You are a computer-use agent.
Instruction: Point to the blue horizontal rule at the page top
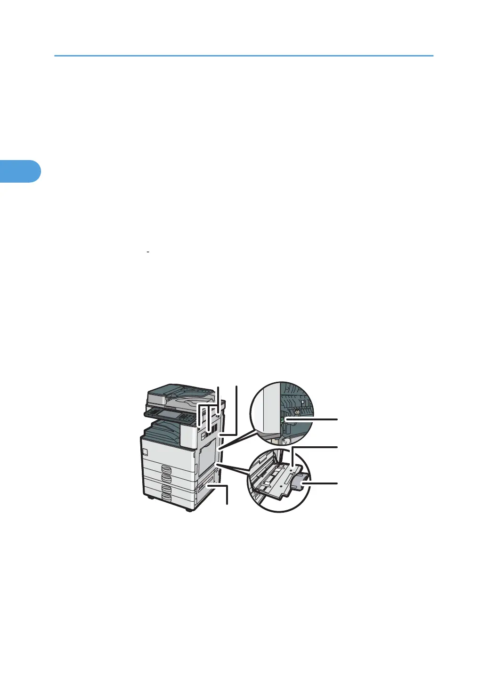244,56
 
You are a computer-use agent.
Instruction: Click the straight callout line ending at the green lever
313,418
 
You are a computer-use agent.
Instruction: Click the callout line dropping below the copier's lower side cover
227,494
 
